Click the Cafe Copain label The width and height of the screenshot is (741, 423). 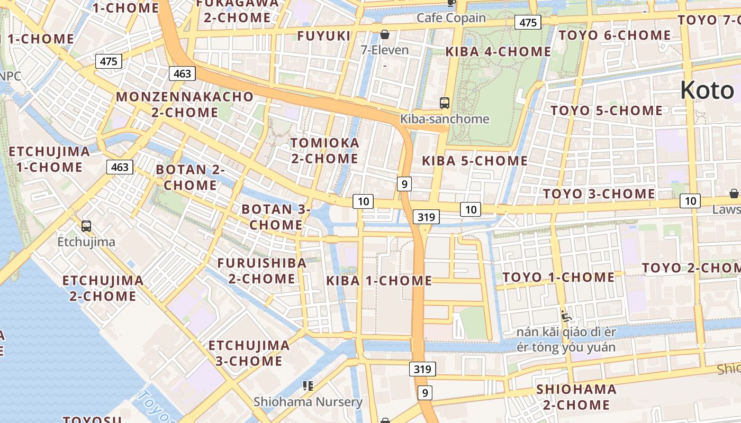point(451,18)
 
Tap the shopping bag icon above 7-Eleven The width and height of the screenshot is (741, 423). point(385,35)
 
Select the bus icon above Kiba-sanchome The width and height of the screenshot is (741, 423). point(445,103)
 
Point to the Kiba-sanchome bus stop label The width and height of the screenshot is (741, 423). point(445,119)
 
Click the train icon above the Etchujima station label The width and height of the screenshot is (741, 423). point(86,226)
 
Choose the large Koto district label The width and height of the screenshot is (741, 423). point(707,90)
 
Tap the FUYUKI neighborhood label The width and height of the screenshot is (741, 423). point(324,36)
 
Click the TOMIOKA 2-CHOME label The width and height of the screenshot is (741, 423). point(324,151)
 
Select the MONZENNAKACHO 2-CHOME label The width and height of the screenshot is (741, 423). point(185,105)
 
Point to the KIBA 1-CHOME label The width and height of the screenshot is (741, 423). point(379,281)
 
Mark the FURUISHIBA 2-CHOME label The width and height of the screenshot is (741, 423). point(261,271)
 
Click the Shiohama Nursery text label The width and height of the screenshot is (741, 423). point(308,402)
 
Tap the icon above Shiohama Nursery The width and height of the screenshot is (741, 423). point(308,385)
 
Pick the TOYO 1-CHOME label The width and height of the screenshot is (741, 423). point(558,278)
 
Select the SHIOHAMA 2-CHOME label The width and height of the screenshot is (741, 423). point(576,397)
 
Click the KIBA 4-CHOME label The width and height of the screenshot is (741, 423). point(498,52)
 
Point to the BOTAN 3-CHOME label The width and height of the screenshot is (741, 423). point(276,217)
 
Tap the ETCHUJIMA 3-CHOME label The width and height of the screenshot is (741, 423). point(249,353)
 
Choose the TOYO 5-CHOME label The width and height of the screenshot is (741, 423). point(607,111)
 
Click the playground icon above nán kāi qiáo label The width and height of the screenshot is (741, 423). point(566,316)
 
